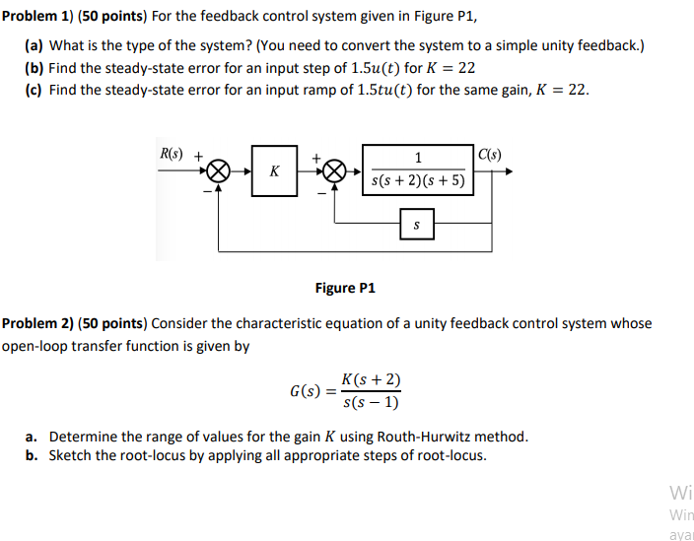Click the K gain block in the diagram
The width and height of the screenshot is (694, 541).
tap(274, 170)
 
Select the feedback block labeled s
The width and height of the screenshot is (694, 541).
tap(417, 225)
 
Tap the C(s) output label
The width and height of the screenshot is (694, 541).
tap(491, 154)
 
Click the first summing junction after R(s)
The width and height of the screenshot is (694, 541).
tap(220, 171)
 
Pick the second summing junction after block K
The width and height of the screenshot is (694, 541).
tap(336, 171)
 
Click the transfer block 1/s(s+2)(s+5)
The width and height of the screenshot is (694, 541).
tap(418, 169)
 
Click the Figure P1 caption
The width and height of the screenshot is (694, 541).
tap(345, 288)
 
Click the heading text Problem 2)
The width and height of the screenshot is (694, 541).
tap(38, 323)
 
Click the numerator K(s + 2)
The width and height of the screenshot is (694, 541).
tap(370, 380)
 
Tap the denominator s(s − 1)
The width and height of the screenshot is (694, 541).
tap(370, 402)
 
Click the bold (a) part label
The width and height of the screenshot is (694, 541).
tap(35, 46)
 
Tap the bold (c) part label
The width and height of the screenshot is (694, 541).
tap(35, 90)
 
